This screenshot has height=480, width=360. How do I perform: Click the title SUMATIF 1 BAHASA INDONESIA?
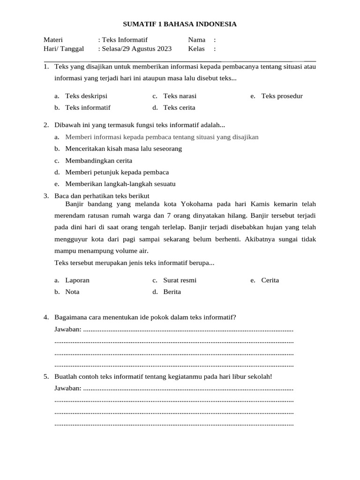click(x=180, y=24)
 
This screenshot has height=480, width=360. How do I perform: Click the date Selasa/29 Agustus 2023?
click(x=136, y=49)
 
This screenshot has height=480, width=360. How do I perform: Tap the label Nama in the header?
click(x=197, y=40)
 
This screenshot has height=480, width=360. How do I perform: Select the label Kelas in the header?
click(x=196, y=49)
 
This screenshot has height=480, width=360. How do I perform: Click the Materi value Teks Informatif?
click(x=125, y=40)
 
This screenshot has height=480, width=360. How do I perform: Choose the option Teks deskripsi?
click(x=86, y=96)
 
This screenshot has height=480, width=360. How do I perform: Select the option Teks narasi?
click(x=180, y=96)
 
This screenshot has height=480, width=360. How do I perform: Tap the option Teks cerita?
click(x=179, y=107)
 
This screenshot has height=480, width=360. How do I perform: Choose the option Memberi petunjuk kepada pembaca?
click(x=117, y=172)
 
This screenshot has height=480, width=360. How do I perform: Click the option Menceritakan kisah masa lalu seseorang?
click(x=123, y=149)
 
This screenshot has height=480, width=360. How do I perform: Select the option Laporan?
click(x=77, y=280)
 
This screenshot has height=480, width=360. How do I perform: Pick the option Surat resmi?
click(x=180, y=280)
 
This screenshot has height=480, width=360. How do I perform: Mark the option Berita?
click(x=172, y=292)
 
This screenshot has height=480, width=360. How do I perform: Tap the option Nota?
click(x=72, y=292)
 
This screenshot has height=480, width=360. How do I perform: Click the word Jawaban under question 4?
click(x=67, y=330)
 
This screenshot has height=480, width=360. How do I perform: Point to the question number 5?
click(x=46, y=376)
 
